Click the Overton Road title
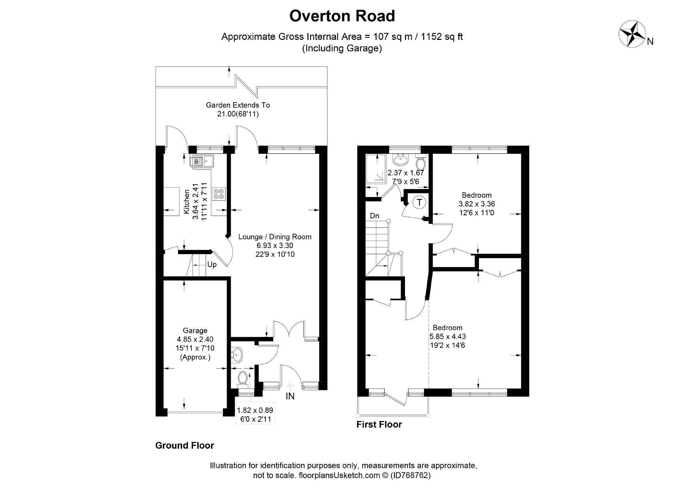[342, 16]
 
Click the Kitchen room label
[186, 202]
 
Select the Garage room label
[195, 330]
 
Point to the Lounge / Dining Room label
[275, 237]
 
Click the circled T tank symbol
[419, 202]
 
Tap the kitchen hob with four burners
[219, 194]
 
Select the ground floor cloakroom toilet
[243, 379]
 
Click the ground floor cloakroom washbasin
[237, 354]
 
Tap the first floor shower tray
[376, 170]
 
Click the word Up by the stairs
[212, 265]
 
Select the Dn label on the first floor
[375, 216]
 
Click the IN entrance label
[290, 396]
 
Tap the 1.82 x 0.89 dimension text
[255, 410]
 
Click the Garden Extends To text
[238, 105]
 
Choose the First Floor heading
[379, 425]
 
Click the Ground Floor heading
[185, 446]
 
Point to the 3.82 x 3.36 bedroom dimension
[477, 204]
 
